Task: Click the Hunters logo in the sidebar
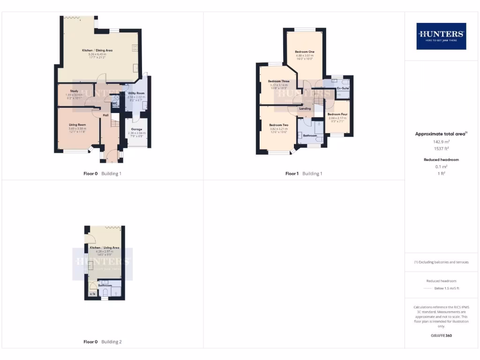[x=441, y=36]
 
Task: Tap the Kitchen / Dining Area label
[x=97, y=50]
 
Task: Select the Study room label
[x=74, y=91]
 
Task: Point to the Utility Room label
[x=136, y=93]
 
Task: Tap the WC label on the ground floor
[x=114, y=104]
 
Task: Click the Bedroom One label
[x=305, y=52]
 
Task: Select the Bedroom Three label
[x=278, y=81]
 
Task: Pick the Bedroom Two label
[x=278, y=125]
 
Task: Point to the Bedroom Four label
[x=337, y=114]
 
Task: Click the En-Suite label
[x=344, y=88]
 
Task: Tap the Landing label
[x=305, y=109]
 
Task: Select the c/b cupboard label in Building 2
[x=92, y=294]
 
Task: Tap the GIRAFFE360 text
[x=441, y=336]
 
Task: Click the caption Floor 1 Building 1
[x=304, y=173]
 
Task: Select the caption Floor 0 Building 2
[x=102, y=342]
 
